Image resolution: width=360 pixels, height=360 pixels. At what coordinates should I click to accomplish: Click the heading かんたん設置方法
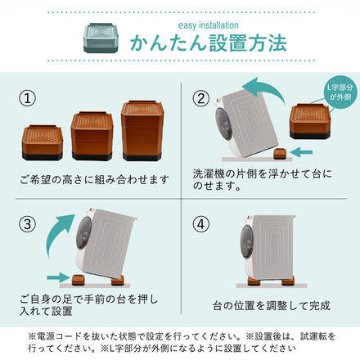point(209,43)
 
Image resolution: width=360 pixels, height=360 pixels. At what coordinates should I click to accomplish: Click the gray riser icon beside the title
point(101,34)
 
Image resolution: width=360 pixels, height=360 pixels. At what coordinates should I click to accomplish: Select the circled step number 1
point(28,99)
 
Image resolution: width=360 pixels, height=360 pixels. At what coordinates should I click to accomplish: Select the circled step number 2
point(201,99)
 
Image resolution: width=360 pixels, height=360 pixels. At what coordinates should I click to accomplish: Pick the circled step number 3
point(28,223)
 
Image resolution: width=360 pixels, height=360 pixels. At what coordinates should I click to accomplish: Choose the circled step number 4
point(201,223)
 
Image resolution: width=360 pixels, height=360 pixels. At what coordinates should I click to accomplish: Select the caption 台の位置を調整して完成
point(270,305)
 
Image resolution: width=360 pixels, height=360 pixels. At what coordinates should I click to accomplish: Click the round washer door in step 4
point(245,245)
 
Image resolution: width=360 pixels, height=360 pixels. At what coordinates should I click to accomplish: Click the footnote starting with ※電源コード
point(180,342)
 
